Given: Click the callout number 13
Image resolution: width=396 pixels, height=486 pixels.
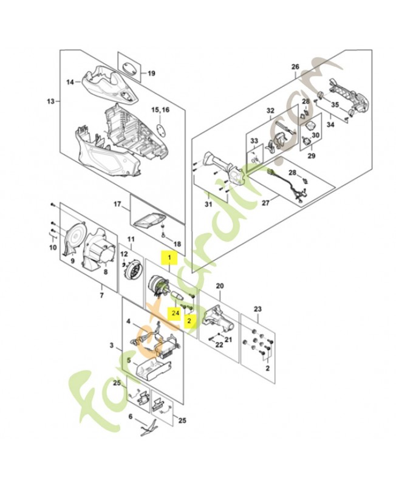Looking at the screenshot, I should tap(50, 101).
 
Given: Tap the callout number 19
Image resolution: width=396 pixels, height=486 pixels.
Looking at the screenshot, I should tap(152, 75).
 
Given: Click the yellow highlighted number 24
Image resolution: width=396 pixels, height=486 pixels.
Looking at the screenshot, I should tap(174, 313).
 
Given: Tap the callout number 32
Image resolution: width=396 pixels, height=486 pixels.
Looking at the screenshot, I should tap(270, 111).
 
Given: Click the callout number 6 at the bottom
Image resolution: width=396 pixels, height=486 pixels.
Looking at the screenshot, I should tap(130, 416).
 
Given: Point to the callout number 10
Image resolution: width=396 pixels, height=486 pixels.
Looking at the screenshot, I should tap(52, 248).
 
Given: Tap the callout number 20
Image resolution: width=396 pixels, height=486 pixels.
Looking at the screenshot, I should tap(219, 285).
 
